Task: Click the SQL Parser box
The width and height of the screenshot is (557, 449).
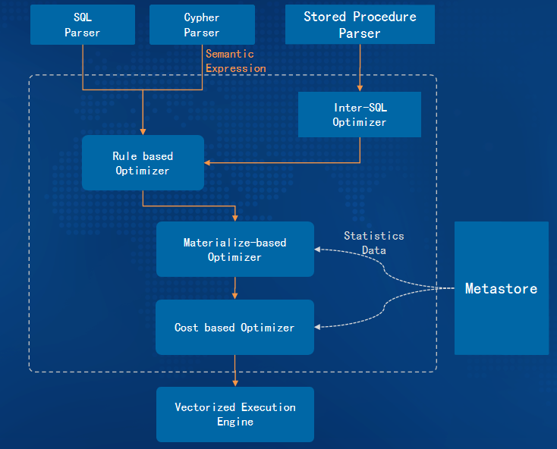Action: click(x=83, y=24)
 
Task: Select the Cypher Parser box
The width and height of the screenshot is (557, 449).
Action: click(x=202, y=24)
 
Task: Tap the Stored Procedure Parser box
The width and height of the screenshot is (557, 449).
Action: click(x=360, y=24)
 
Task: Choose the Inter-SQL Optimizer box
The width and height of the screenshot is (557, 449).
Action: click(x=360, y=115)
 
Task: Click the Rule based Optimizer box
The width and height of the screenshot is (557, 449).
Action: click(x=143, y=162)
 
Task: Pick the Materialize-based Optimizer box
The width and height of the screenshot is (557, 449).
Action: click(x=234, y=250)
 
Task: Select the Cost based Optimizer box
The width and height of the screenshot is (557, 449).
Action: click(x=234, y=327)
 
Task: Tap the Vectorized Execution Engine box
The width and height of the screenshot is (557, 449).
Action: click(x=234, y=414)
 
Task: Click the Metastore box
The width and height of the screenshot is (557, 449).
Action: click(x=502, y=288)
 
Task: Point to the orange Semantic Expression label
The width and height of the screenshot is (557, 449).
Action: click(x=235, y=61)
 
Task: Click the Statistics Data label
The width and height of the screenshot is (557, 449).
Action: click(x=373, y=243)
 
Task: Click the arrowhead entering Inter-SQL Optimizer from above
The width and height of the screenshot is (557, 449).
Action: click(x=360, y=89)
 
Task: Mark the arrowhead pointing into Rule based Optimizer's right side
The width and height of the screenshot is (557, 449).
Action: click(x=207, y=162)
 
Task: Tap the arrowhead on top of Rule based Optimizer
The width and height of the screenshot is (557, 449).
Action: click(x=143, y=132)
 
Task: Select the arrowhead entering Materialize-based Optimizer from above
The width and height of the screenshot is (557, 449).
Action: click(x=234, y=218)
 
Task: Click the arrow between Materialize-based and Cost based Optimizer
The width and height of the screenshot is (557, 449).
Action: click(x=234, y=288)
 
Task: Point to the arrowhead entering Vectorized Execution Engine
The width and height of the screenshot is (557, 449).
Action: click(x=234, y=384)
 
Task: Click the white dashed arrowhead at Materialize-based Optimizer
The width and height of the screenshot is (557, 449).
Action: click(x=317, y=250)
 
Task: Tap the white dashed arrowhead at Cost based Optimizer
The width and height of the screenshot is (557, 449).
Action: click(x=317, y=327)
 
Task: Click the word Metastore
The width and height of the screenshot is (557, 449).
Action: click(x=502, y=288)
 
